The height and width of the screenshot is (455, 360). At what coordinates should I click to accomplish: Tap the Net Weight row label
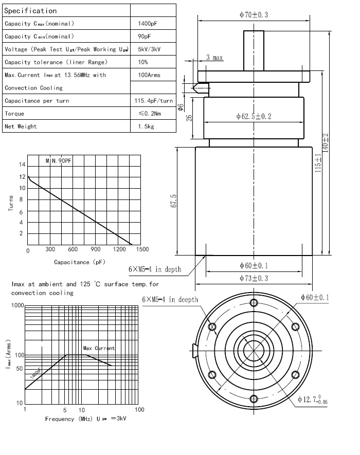(21, 126)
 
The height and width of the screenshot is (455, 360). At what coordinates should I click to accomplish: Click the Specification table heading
(31, 10)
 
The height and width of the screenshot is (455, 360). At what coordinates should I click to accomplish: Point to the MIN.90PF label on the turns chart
(59, 161)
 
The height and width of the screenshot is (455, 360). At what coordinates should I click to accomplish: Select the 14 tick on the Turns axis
(22, 165)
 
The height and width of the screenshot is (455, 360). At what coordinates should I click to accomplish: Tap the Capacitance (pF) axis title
(80, 262)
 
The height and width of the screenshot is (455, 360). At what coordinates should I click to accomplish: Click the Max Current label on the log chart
(99, 349)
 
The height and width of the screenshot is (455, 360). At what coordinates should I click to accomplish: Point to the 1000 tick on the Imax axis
(17, 305)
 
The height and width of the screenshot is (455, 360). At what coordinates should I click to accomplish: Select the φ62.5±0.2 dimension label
(254, 116)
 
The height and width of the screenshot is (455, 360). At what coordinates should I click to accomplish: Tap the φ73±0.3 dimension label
(254, 278)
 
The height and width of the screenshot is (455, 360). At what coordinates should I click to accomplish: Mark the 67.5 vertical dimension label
(174, 201)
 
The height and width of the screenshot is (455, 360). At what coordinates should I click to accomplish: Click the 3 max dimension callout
(214, 58)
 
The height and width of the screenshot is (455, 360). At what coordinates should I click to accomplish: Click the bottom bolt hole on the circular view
(253, 398)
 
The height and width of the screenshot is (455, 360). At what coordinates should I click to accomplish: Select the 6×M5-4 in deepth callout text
(170, 300)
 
